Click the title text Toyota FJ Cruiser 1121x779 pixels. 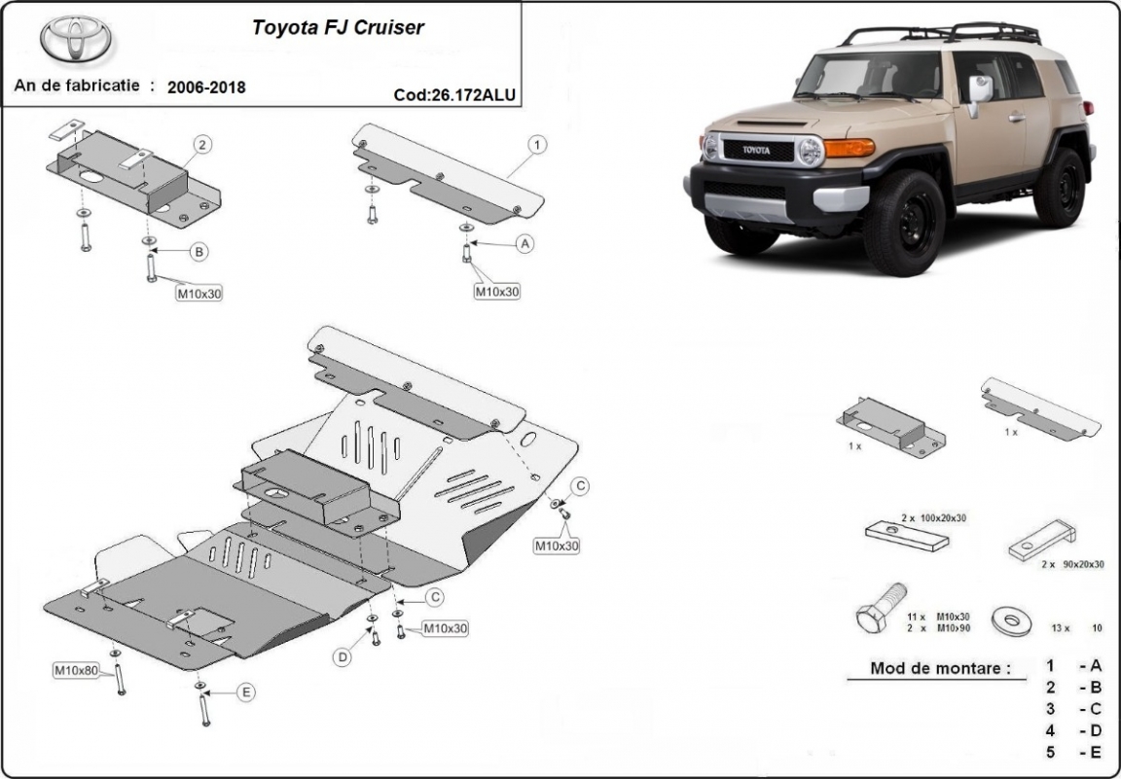[338, 27]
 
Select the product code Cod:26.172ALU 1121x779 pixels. [454, 95]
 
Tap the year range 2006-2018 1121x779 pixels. [206, 87]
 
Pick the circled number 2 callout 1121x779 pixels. [201, 145]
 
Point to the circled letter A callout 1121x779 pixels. [525, 243]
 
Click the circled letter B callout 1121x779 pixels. [199, 252]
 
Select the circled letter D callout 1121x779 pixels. [343, 658]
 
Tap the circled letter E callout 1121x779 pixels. [245, 692]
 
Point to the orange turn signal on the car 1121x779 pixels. [849, 148]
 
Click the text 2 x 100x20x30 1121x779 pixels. [934, 517]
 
